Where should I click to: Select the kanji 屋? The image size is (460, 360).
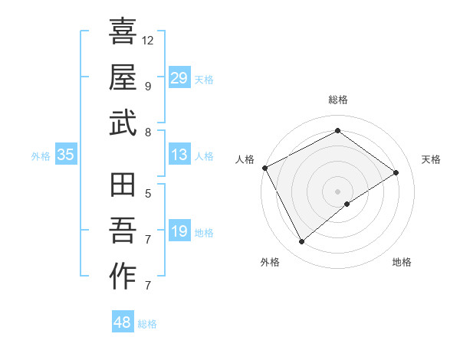123,77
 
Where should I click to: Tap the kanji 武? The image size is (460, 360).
123,123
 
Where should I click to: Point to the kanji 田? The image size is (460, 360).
123,185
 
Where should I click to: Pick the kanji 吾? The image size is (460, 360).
123,231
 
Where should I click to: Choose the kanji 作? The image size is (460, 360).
123,277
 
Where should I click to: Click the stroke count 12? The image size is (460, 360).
148,39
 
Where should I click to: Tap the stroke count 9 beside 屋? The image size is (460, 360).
147,86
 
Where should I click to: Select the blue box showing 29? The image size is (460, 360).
179,77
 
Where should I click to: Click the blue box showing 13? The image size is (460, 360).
179,155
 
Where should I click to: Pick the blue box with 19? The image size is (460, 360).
179,231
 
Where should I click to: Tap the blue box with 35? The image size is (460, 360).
66,155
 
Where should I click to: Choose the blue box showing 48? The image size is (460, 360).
123,322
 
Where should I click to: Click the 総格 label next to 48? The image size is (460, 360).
147,324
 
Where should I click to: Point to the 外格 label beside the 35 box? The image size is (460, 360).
41,156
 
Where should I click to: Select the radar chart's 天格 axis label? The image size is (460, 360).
432,159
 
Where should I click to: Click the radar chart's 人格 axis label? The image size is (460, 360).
245,159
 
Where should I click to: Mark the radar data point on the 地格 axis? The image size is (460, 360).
347,204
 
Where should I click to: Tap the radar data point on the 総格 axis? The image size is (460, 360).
337,131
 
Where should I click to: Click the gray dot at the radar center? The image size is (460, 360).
337,190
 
